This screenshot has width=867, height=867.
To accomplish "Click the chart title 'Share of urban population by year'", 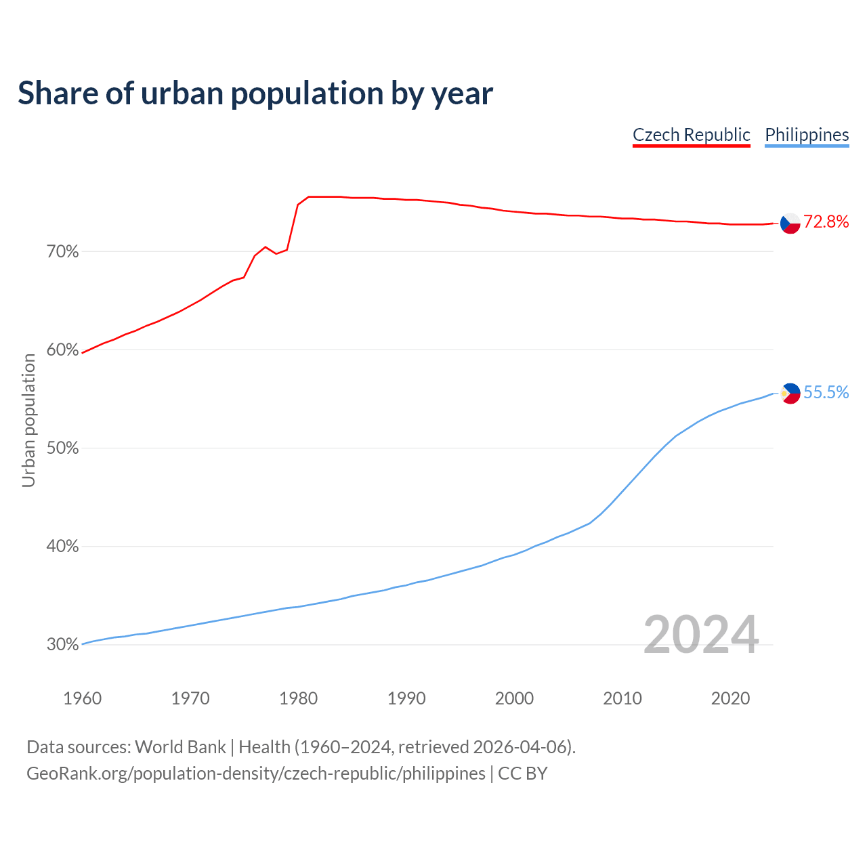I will click(x=255, y=93).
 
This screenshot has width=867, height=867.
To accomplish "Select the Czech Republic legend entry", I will click(x=691, y=135).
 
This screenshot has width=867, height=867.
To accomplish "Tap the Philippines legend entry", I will click(x=807, y=135).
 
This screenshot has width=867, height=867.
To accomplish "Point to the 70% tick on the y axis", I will click(x=63, y=252).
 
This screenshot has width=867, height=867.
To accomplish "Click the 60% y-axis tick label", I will click(x=63, y=350).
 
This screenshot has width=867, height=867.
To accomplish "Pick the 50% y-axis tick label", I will click(x=63, y=448).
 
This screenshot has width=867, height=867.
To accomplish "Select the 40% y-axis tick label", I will click(x=63, y=547).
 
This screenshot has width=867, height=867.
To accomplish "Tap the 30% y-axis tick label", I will click(x=63, y=645).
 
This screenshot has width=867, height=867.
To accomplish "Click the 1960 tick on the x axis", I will click(x=82, y=698).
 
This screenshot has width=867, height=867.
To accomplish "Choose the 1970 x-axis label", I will click(x=190, y=698).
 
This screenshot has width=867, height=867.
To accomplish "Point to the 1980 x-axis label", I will click(x=298, y=698).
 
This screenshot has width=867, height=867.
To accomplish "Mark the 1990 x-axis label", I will click(x=406, y=698).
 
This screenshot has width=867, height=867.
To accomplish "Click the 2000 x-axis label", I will click(x=514, y=698).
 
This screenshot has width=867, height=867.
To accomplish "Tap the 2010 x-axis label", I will click(x=622, y=698).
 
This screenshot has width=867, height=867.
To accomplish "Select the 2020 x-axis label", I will click(x=730, y=698).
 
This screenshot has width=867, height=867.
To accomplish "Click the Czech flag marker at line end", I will click(x=790, y=223).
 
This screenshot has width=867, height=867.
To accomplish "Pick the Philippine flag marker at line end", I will click(x=790, y=393).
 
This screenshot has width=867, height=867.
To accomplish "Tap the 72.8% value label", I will click(x=826, y=222).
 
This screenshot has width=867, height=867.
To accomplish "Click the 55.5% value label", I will click(x=826, y=393).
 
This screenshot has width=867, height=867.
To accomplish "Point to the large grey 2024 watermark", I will click(x=701, y=635).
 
